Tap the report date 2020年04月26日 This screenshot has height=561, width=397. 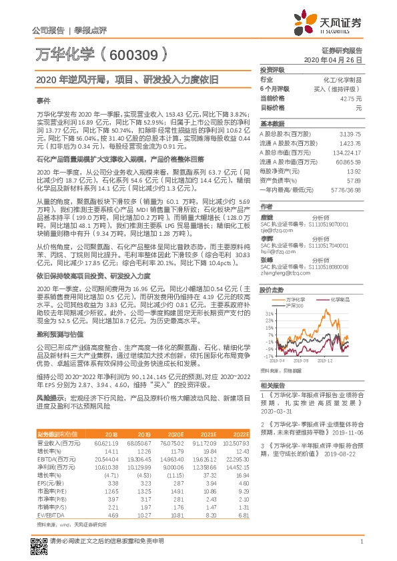pyautogui.click(x=337, y=59)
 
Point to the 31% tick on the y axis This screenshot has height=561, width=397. pyautogui.click(x=268, y=294)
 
